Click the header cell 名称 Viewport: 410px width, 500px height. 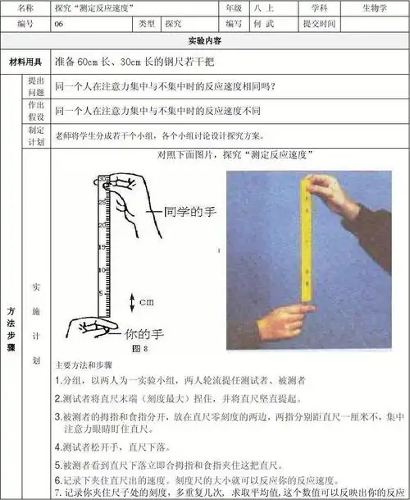(25, 7)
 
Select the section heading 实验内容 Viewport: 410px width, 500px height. (204, 40)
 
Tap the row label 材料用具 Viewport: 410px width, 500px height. (25, 62)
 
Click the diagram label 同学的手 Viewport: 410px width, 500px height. (189, 211)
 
